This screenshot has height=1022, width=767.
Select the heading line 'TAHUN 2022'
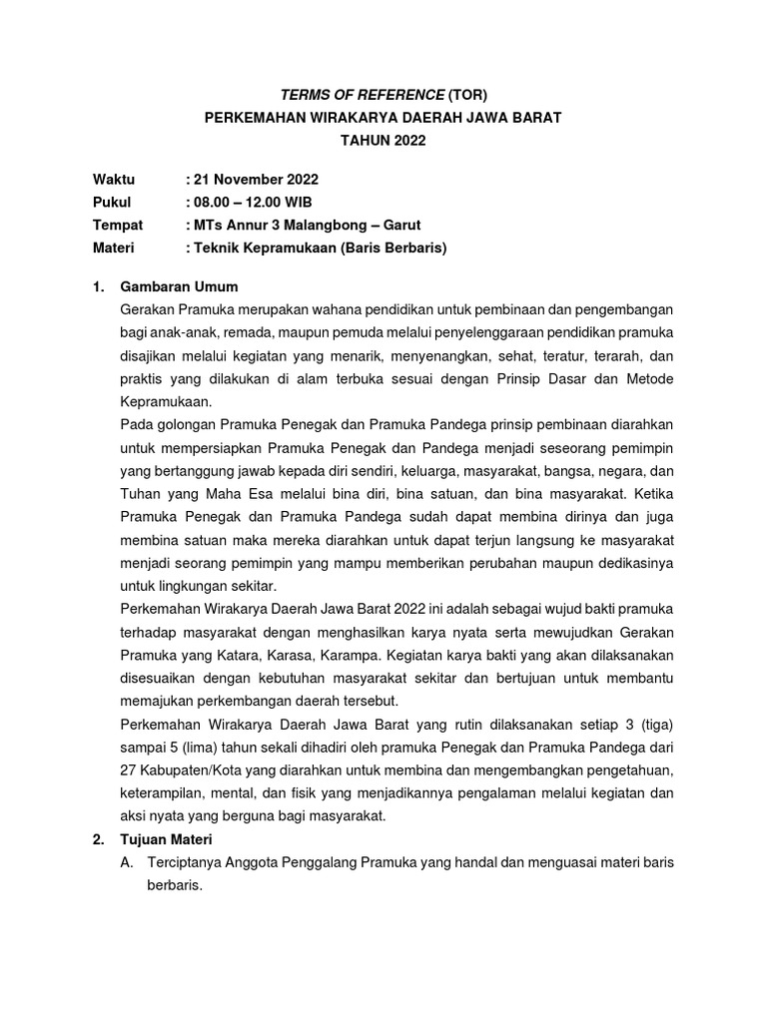(383, 141)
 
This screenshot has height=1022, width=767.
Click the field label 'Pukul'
(112, 203)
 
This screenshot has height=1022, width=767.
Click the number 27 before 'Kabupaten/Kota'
(127, 769)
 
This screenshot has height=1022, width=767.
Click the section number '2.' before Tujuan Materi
(98, 839)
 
